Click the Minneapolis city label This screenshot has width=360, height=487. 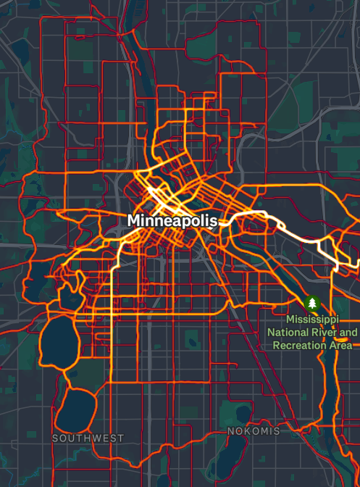tap(172, 220)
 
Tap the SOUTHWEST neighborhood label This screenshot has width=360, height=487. tap(88, 438)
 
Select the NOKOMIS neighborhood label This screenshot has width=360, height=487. tap(254, 431)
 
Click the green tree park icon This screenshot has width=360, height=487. tap(313, 302)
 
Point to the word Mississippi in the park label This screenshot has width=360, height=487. tap(314, 320)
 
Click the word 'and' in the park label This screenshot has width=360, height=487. tap(348, 333)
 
